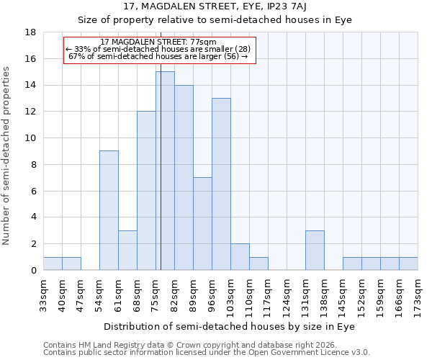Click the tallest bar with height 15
(x=165, y=171)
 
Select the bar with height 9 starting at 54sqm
(x=109, y=210)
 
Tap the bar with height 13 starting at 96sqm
(x=221, y=184)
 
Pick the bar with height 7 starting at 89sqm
(x=202, y=223)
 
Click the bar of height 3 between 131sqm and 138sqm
(x=315, y=250)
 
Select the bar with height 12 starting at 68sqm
(x=146, y=191)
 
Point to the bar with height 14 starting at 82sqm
(x=184, y=177)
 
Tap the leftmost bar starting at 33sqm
(x=53, y=264)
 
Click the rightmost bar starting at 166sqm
(x=408, y=264)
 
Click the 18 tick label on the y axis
(x=30, y=32)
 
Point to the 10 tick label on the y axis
(x=30, y=138)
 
